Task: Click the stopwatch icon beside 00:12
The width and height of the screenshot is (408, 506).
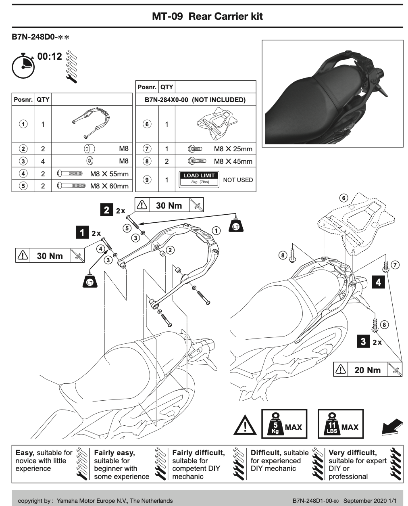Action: point(23,66)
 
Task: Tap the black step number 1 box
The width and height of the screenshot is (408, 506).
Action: point(82,232)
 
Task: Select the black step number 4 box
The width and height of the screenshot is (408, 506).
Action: point(378,282)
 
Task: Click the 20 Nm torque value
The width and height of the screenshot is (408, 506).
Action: point(367,370)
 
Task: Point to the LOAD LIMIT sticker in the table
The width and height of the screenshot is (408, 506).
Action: point(199,180)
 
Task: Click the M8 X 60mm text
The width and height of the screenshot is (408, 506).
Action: point(109,186)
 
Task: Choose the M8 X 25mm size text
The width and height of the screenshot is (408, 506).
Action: point(233,149)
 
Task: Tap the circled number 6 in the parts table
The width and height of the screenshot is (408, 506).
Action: point(147,124)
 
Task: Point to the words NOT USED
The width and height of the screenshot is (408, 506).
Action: point(238,180)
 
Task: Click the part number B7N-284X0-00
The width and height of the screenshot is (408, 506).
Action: point(166,100)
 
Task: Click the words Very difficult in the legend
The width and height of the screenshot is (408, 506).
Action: point(352,453)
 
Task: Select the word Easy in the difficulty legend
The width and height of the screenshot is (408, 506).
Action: point(25,453)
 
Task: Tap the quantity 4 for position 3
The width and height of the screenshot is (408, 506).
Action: point(43,161)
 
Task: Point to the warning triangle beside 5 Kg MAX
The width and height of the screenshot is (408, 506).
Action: point(245,425)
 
